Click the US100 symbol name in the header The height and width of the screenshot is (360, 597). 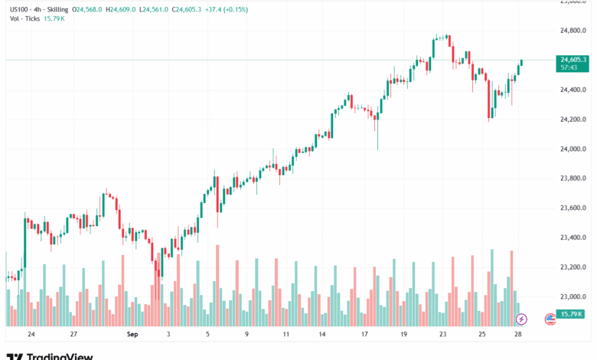[18, 9]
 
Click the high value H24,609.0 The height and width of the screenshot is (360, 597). [139, 9]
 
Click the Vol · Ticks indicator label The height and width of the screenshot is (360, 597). [25, 19]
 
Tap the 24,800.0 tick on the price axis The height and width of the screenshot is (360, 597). [573, 31]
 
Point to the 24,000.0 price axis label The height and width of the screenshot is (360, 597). [573, 149]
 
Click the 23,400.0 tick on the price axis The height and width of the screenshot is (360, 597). [573, 237]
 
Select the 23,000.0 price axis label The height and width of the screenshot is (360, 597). [573, 296]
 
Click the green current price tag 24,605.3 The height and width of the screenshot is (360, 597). [573, 60]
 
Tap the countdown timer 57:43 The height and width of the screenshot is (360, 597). [569, 67]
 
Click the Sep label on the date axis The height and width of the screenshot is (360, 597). [131, 335]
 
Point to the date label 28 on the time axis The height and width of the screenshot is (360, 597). [520, 335]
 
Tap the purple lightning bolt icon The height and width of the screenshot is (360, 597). [521, 318]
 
